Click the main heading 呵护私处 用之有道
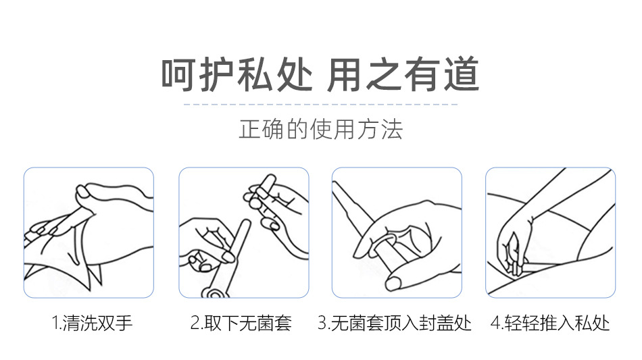[x=320, y=74]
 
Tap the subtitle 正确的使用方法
[x=321, y=129]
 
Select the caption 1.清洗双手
[x=92, y=323]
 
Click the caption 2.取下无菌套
[x=241, y=323]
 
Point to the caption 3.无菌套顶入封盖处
[x=395, y=323]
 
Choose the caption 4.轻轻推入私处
[x=550, y=323]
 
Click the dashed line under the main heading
[x=320, y=104]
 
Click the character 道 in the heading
[x=462, y=74]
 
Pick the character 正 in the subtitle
[x=249, y=130]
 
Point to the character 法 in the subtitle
[x=392, y=130]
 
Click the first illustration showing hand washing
[x=89, y=232]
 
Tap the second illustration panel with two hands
[x=243, y=232]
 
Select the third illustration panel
[x=397, y=232]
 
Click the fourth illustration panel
[x=550, y=232]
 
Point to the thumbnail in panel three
[x=395, y=283]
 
